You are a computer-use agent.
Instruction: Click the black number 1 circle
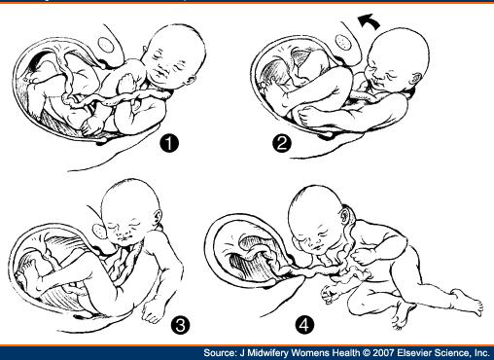point(169,143)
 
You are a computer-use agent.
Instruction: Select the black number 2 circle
point(282,143)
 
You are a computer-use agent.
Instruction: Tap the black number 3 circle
point(180,324)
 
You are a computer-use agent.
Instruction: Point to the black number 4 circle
point(304,324)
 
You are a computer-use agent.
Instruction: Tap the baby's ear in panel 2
point(416,79)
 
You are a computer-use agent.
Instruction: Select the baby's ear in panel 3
point(158,217)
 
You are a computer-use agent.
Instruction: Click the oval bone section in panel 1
point(106,45)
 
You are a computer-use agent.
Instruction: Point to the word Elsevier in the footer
point(416,353)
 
